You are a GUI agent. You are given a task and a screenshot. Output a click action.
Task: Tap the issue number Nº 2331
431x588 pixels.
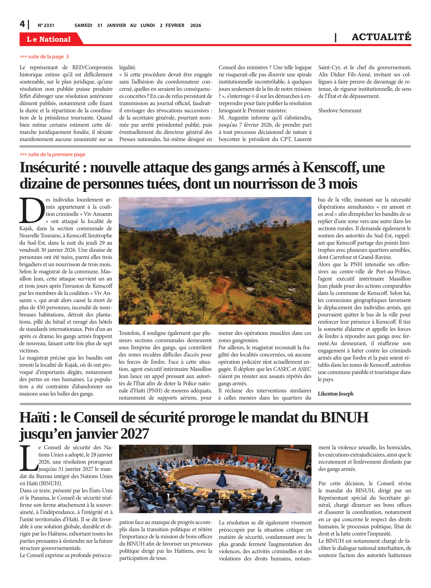(46, 25)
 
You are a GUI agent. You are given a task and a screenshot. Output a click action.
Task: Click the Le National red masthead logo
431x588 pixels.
(49, 39)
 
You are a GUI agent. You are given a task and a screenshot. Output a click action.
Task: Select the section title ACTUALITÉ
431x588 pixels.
(381, 37)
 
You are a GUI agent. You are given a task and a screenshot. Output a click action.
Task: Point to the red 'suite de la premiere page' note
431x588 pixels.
(53, 154)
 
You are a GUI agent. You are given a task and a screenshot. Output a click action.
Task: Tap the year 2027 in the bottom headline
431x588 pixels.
(134, 434)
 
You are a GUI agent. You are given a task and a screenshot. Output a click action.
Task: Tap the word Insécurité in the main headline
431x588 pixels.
(50, 168)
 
